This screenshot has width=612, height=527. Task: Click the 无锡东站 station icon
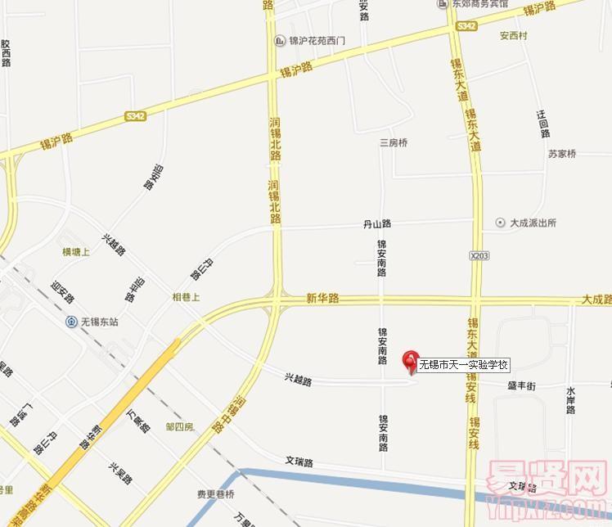(x=73, y=322)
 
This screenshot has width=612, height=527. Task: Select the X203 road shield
(x=479, y=256)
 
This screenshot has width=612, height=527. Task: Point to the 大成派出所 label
(x=533, y=223)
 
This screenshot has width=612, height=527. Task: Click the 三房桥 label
(x=393, y=143)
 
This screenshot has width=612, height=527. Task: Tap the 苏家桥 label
(x=562, y=154)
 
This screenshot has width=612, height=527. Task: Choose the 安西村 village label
(x=514, y=36)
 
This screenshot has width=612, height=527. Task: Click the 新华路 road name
(x=322, y=299)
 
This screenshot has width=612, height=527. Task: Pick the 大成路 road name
(x=596, y=300)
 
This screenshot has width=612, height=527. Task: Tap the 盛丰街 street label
(x=521, y=385)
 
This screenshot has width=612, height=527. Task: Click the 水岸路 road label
(x=570, y=399)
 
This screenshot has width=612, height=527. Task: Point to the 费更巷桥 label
(x=215, y=494)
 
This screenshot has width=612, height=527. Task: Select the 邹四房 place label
(x=179, y=427)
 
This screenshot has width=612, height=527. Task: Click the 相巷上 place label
(x=186, y=298)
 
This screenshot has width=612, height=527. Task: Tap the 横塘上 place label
(x=76, y=252)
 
